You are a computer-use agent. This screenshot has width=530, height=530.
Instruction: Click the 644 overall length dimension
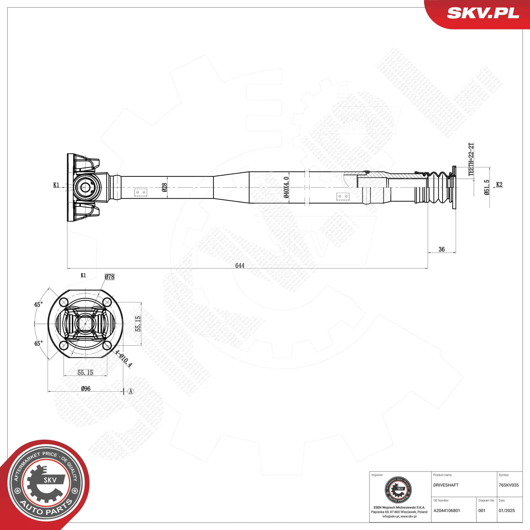tap(240, 265)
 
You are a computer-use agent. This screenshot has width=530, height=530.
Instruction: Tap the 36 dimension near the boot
tap(441, 249)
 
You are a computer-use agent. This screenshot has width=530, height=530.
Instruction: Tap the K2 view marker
tap(499, 185)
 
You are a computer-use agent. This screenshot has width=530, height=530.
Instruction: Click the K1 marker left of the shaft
tap(56, 185)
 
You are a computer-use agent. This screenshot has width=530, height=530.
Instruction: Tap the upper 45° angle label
tap(38, 304)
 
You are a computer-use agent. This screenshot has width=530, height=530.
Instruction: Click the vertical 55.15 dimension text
tap(138, 324)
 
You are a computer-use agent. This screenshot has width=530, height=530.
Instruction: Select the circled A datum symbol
tap(131, 392)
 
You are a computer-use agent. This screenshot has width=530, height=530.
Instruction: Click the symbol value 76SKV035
tap(509, 485)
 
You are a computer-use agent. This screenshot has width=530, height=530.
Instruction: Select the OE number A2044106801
tap(447, 510)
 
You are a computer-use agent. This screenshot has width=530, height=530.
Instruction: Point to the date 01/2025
tap(507, 510)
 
